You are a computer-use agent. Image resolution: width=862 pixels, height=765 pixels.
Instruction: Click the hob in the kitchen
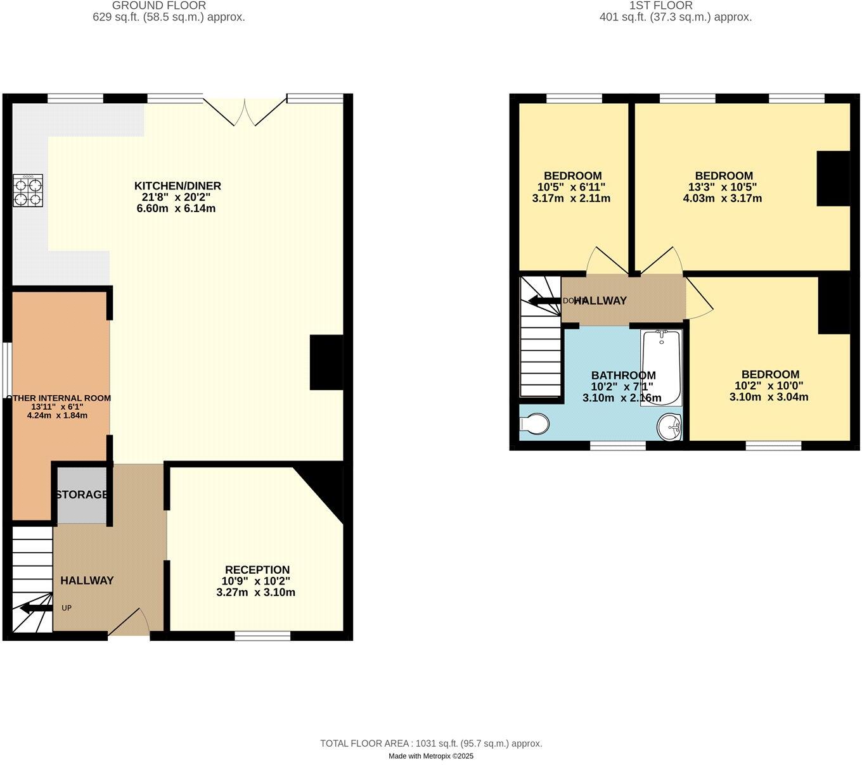coord(28,191)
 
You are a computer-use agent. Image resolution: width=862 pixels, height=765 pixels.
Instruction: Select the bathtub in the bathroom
coord(661,367)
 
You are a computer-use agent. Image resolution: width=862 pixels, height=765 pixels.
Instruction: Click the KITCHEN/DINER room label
coord(177,186)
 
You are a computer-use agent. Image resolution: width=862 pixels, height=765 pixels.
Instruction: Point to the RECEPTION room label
coord(257,569)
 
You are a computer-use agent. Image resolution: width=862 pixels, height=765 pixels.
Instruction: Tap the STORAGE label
coord(81,495)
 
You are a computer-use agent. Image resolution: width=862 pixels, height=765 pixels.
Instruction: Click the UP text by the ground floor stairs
coord(67,608)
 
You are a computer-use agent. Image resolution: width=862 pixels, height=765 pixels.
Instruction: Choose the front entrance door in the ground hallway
coord(130,623)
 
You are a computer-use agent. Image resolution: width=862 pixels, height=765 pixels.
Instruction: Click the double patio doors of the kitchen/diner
coord(245,111)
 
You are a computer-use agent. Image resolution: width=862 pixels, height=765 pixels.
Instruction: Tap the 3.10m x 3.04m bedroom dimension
coord(768,397)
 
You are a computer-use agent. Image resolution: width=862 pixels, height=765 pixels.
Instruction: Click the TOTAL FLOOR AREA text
coord(431,743)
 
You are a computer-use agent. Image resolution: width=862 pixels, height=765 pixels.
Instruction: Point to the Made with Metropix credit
coord(431,756)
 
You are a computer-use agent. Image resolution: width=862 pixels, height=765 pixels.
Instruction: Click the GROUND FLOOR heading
coord(158,6)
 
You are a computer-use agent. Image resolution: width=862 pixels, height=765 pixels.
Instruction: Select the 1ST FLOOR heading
coord(661,6)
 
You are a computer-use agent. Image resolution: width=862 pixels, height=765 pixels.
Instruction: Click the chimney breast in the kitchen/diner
coord(326,362)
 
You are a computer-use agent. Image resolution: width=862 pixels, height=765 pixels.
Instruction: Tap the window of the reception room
coord(262,635)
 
